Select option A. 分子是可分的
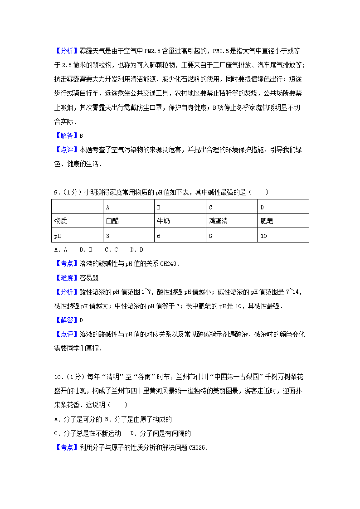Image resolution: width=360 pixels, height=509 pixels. tap(76, 419)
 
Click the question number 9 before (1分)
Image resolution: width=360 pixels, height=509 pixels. tap(56, 192)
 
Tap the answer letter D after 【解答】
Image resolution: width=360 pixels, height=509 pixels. tap(81, 320)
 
